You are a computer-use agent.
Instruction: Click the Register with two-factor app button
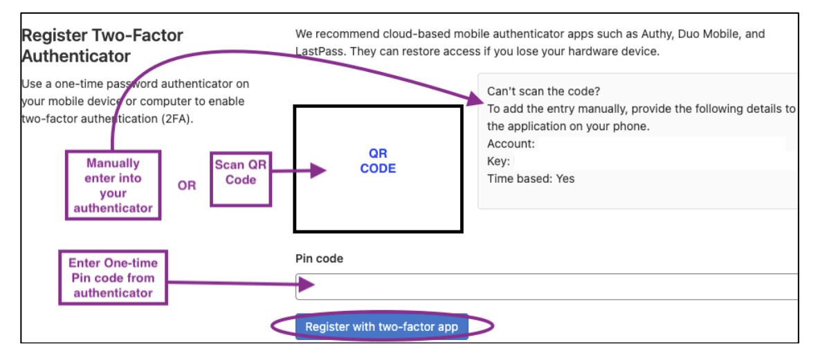point(381,327)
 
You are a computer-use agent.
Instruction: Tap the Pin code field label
point(319,259)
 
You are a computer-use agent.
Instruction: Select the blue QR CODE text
point(378,161)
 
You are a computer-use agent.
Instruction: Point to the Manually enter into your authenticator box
point(113,185)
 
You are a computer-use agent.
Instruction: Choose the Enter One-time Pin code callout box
point(113,278)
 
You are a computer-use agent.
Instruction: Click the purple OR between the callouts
point(187,186)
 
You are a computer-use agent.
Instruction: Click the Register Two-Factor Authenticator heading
point(102,45)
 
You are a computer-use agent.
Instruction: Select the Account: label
point(511,143)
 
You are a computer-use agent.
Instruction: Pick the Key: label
point(498,161)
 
